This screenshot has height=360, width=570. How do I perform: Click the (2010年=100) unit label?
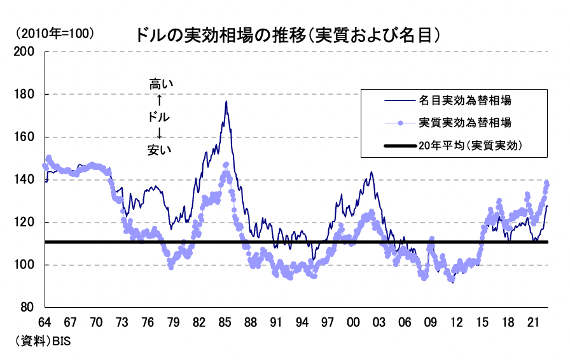point(56,33)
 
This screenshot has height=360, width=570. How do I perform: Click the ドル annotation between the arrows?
point(160,117)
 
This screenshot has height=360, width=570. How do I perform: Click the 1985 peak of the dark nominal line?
point(226,102)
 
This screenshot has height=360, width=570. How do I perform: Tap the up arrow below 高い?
point(160,100)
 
